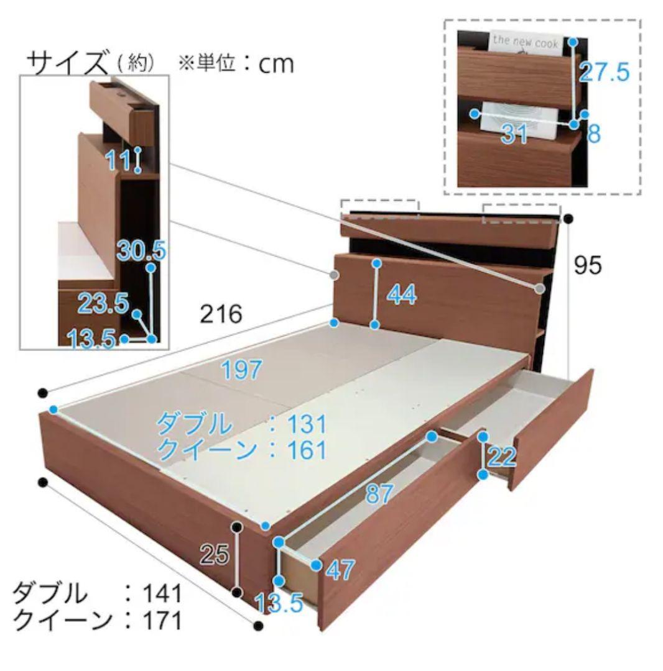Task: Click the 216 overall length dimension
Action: tap(220, 314)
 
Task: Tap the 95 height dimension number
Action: tap(588, 266)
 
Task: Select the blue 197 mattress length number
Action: tap(241, 371)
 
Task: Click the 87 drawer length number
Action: tap(379, 494)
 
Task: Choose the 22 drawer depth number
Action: tap(502, 457)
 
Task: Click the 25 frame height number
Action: tap(215, 555)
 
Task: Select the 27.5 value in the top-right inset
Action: tap(604, 73)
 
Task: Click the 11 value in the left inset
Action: tap(118, 161)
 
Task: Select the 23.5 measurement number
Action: tap(103, 304)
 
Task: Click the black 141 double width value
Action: tap(160, 594)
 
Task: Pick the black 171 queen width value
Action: tap(160, 620)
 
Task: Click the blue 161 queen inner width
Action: tap(305, 449)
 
